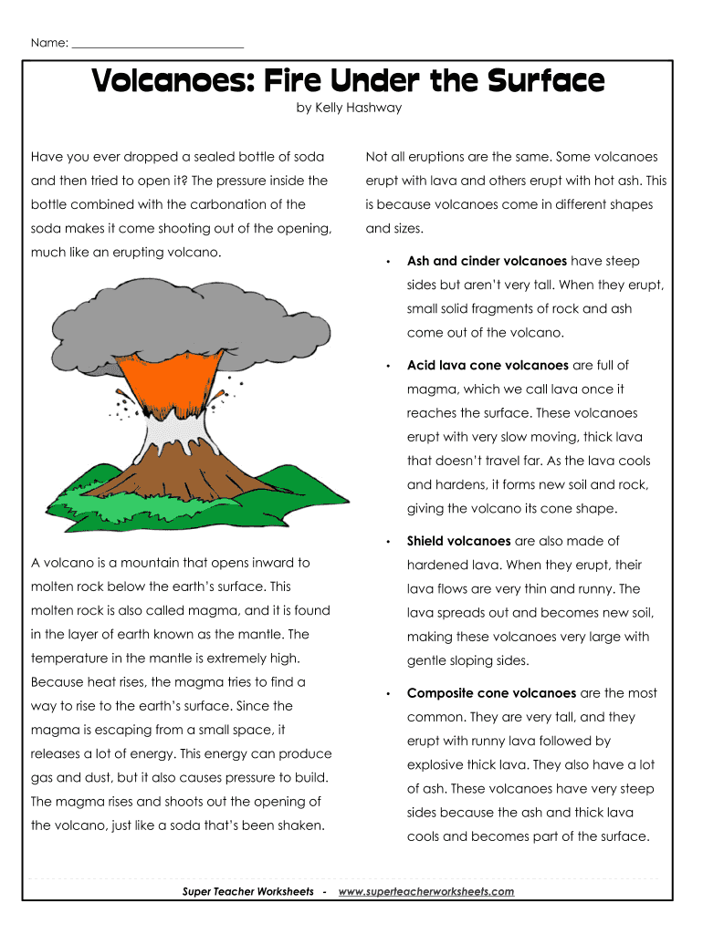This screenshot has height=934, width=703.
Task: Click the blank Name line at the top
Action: [x=157, y=44]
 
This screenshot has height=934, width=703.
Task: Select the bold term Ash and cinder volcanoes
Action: [x=487, y=261]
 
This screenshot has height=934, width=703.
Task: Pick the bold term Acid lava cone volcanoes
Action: [x=488, y=365]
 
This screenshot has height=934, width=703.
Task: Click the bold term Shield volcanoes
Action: [x=459, y=541]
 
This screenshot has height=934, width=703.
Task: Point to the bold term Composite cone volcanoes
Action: [x=491, y=693]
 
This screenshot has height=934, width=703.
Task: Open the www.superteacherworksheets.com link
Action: [x=425, y=891]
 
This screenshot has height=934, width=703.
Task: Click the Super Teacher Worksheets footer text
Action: [x=247, y=891]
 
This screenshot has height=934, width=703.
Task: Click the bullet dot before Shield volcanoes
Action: [x=388, y=542]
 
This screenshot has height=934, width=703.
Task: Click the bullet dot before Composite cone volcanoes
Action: [x=388, y=694]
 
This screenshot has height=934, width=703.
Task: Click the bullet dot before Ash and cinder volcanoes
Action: [x=388, y=262]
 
